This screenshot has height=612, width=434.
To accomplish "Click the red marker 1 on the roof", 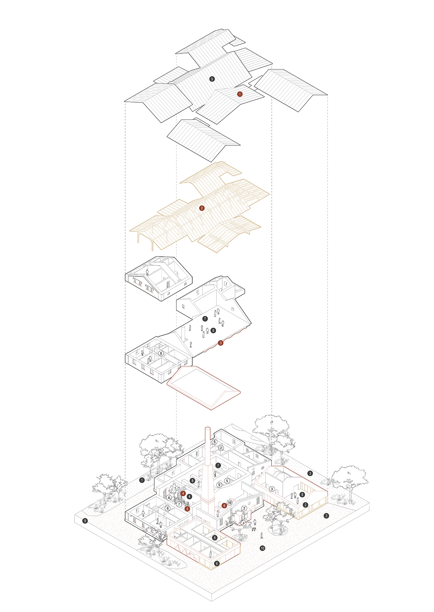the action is click(x=240, y=94).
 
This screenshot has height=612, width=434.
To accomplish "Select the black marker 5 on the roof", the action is click(x=212, y=79).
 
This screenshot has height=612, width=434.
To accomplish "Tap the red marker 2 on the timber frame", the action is click(x=202, y=208).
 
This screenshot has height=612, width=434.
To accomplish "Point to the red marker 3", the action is click(x=220, y=343).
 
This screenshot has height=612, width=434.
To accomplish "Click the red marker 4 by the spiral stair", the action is click(x=183, y=493).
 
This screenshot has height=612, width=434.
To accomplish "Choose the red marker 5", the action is click(x=187, y=509).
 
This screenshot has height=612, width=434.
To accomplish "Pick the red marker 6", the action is click(x=224, y=506).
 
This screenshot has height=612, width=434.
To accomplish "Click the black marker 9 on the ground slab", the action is click(x=85, y=521).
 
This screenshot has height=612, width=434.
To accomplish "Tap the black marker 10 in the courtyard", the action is click(x=262, y=548).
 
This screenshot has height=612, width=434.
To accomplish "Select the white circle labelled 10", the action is click(x=230, y=503).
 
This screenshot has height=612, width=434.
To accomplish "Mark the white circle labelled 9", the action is click(x=219, y=485).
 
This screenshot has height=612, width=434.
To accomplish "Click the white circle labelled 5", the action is click(x=227, y=481).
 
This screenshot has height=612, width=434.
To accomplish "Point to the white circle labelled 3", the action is click(x=272, y=489).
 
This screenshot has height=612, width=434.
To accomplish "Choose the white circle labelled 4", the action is click(x=169, y=498).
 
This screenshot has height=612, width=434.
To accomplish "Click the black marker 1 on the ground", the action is click(x=142, y=480).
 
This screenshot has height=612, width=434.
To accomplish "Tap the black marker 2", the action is click(x=305, y=505).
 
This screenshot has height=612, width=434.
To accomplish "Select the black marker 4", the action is click(x=190, y=497).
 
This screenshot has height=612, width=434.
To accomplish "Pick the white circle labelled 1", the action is click(x=244, y=523).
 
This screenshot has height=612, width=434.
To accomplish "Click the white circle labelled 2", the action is click(x=244, y=509).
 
